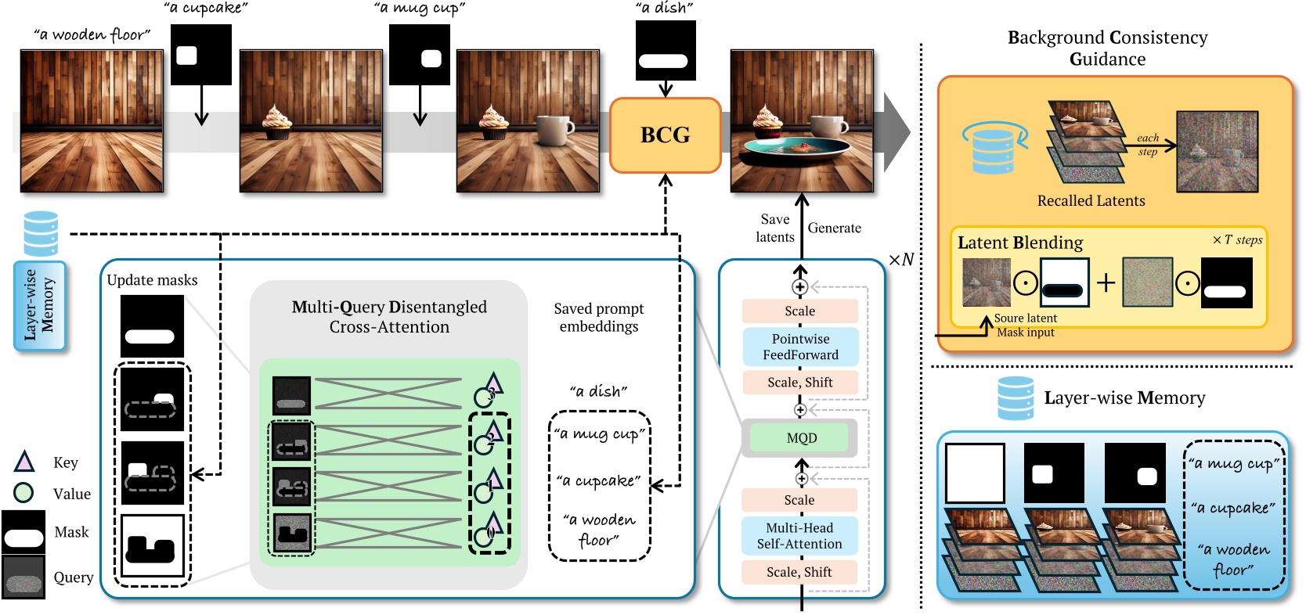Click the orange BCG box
point(665,135)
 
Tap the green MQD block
point(800,438)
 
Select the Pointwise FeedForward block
point(800,347)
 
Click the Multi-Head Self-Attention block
point(799,536)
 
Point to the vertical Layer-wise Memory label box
point(39,305)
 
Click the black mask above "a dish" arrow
point(666,51)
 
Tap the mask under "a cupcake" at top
point(201,55)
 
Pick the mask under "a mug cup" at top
point(420,55)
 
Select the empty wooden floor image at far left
point(92,121)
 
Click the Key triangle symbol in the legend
point(24,462)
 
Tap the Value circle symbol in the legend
point(24,493)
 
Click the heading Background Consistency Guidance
point(1107,48)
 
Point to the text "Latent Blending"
point(1019,243)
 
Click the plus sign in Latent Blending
point(1106,282)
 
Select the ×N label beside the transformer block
point(901,260)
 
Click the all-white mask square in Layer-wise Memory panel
point(975,473)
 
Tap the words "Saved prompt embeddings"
point(598,317)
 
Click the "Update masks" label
point(152,280)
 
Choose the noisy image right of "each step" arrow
point(1217,152)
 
